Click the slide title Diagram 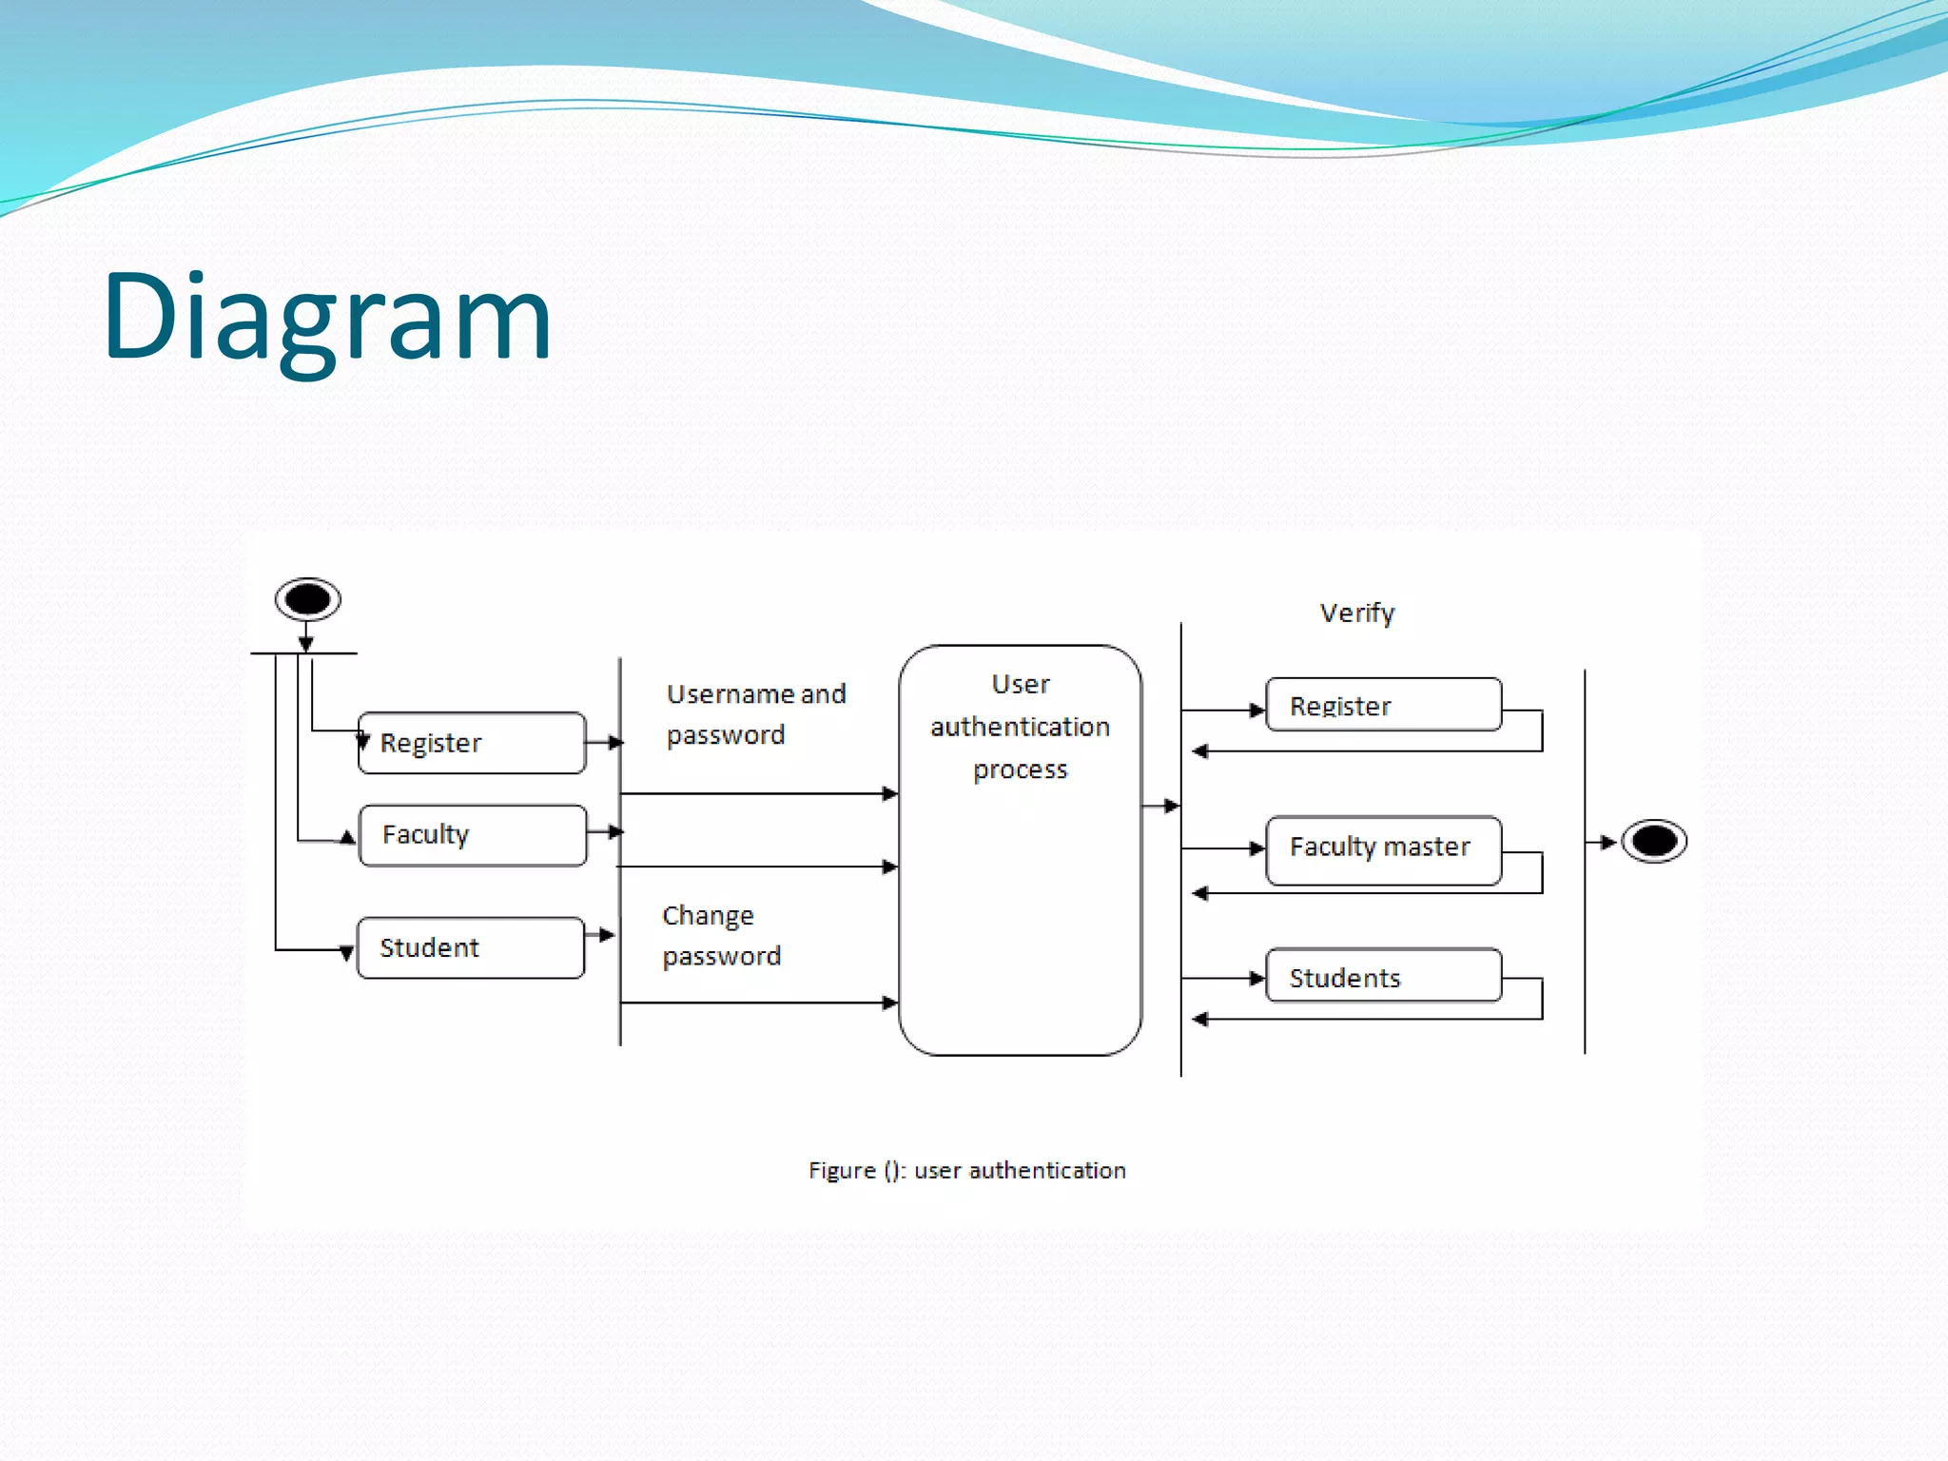pyautogui.click(x=327, y=317)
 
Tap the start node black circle pyautogui.click(x=307, y=599)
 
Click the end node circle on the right pyautogui.click(x=1654, y=841)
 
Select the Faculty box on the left pyautogui.click(x=472, y=835)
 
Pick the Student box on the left pyautogui.click(x=471, y=947)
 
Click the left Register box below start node pyautogui.click(x=472, y=743)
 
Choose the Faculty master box pyautogui.click(x=1383, y=849)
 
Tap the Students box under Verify pyautogui.click(x=1383, y=976)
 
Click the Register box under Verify pyautogui.click(x=1383, y=705)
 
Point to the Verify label pyautogui.click(x=1357, y=614)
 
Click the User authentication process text pyautogui.click(x=1020, y=727)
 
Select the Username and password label pyautogui.click(x=755, y=714)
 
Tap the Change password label pyautogui.click(x=721, y=936)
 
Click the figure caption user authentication pyautogui.click(x=966, y=1170)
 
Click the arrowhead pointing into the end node pyautogui.click(x=1607, y=842)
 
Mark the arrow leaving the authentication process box pyautogui.click(x=1161, y=807)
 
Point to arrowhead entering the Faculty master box pyautogui.click(x=1256, y=848)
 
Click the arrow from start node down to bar pyautogui.click(x=306, y=636)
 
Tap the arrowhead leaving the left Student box pyautogui.click(x=606, y=935)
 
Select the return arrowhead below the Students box pyautogui.click(x=1200, y=1020)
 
